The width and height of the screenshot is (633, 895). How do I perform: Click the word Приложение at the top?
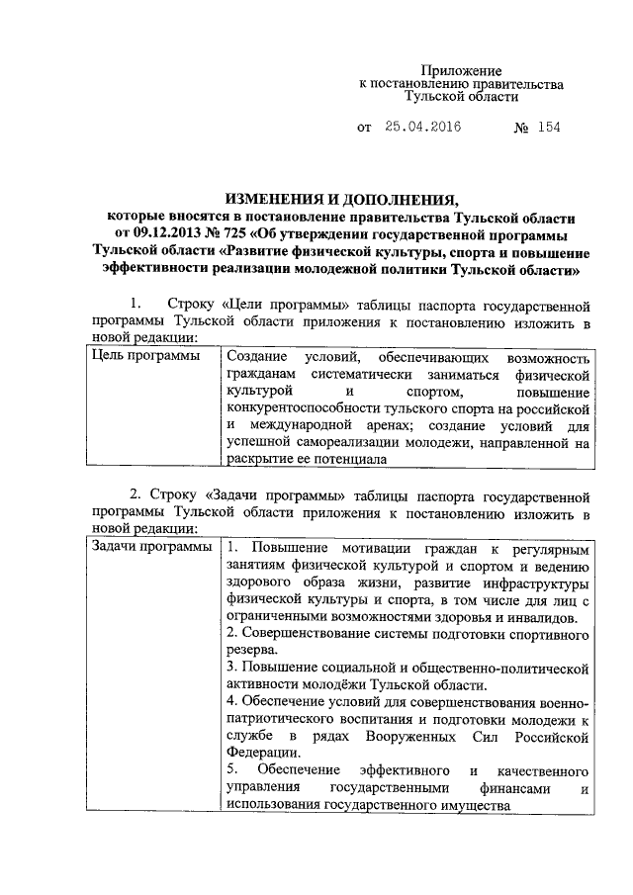click(x=463, y=71)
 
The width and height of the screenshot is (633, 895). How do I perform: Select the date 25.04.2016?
click(x=423, y=129)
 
